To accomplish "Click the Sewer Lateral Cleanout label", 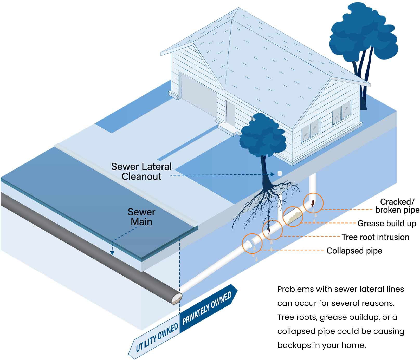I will [x=141, y=172].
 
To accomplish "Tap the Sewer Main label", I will [x=141, y=217].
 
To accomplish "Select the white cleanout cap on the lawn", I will [x=280, y=173].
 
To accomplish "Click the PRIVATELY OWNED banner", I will [x=207, y=308].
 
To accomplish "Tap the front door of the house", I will [x=230, y=113].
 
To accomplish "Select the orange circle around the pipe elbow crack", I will [x=313, y=203].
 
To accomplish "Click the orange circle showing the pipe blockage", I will [x=293, y=217].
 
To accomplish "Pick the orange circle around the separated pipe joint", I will [x=252, y=243].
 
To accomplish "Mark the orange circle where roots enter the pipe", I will [x=272, y=230].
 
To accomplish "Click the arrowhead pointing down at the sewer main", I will [x=112, y=252].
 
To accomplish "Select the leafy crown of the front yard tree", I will [x=263, y=135].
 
